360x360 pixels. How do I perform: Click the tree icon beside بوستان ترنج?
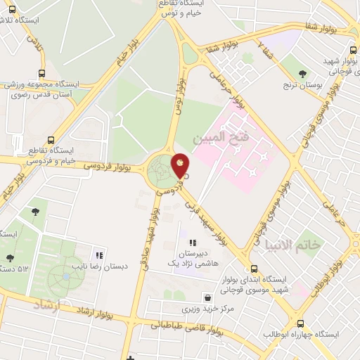303,74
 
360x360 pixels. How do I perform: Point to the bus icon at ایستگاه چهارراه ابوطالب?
301,324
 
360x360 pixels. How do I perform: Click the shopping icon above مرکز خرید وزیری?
205,297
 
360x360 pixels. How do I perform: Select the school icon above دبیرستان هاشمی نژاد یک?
192,243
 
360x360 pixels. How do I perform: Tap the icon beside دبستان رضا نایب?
99,256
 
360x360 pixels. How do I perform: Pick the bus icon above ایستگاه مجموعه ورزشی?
41,72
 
